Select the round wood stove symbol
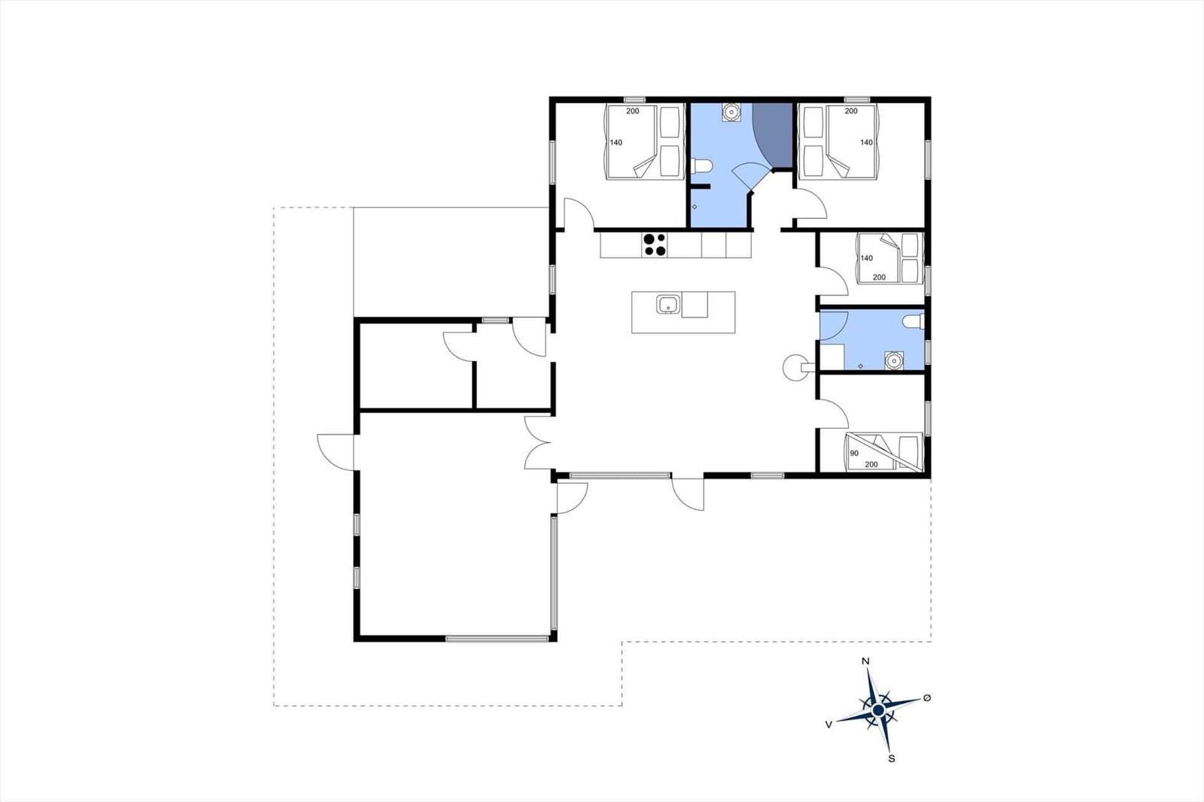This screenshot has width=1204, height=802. [x=796, y=368]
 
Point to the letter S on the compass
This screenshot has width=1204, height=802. [x=892, y=759]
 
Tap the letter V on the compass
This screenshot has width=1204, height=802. [x=829, y=725]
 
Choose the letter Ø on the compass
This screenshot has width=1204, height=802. [x=926, y=697]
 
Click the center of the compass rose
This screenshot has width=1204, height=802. [x=878, y=711]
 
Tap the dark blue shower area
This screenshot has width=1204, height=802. [x=774, y=135]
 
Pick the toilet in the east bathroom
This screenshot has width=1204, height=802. [x=914, y=321]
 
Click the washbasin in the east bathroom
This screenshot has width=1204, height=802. [x=894, y=360]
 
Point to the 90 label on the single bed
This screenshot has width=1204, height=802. [x=854, y=453]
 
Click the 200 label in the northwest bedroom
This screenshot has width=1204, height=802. [x=633, y=111]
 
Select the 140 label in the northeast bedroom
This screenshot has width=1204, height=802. [x=866, y=142]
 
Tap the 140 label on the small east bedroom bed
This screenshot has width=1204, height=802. [x=866, y=258]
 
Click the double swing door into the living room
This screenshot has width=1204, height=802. [x=538, y=442]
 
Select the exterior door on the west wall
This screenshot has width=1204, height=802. [x=336, y=452]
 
